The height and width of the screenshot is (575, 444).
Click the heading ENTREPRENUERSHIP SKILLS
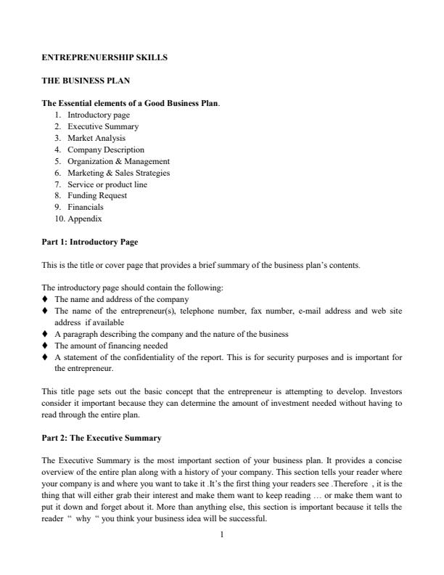(104, 57)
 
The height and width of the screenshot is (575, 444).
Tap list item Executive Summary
(103, 126)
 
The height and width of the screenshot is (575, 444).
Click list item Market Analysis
(96, 138)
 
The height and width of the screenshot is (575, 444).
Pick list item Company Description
(106, 150)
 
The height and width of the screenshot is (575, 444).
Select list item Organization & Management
(118, 161)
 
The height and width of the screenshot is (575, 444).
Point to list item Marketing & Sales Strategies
(118, 173)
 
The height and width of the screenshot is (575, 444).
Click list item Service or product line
(107, 184)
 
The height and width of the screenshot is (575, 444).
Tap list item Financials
(86, 207)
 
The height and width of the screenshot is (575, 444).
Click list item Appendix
(85, 219)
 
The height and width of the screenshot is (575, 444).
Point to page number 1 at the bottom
(222, 535)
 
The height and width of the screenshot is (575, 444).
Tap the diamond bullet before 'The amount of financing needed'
(46, 346)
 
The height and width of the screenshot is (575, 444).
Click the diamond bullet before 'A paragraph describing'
(46, 334)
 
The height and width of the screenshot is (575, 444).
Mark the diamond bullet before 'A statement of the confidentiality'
(46, 357)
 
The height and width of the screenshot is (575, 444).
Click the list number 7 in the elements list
(57, 184)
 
